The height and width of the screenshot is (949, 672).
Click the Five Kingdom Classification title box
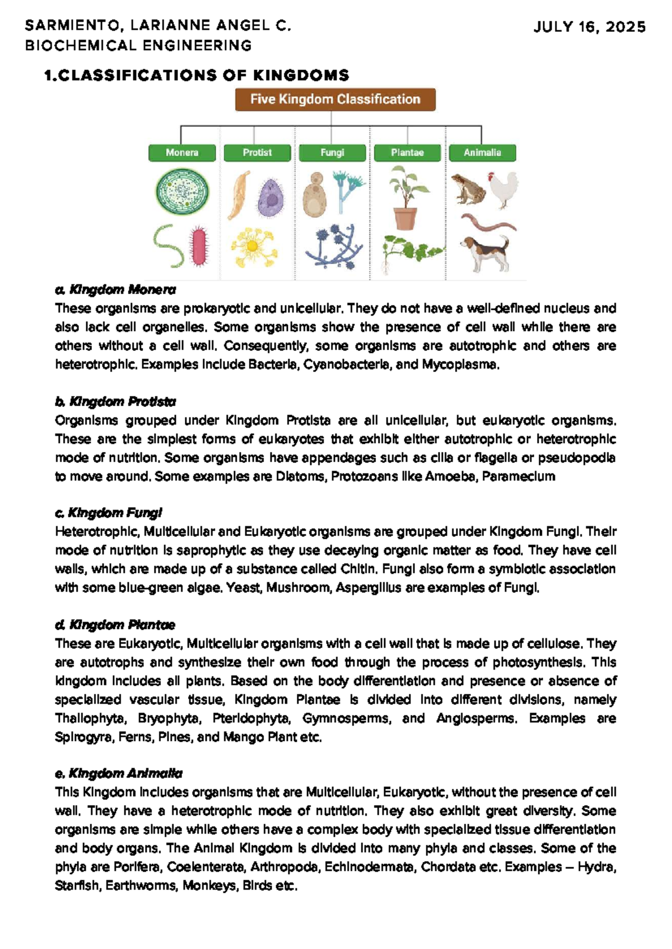(x=335, y=99)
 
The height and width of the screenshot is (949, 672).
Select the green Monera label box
(x=182, y=152)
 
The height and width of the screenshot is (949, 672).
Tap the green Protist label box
(x=257, y=152)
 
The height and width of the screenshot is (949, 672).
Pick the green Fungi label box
(x=332, y=152)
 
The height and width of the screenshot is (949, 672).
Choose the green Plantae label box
(x=407, y=152)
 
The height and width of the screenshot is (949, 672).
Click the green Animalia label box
(x=482, y=152)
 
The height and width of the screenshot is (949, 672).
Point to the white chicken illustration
(x=503, y=190)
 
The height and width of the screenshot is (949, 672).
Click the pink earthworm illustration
(x=486, y=222)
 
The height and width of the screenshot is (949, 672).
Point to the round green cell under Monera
(x=182, y=192)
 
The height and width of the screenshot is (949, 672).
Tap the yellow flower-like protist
(x=253, y=247)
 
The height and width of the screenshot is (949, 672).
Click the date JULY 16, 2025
(x=589, y=27)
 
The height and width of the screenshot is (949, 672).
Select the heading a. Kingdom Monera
(x=115, y=290)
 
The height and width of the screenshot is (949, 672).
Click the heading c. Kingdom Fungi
(x=109, y=513)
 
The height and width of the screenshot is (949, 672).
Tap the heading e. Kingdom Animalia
(x=119, y=773)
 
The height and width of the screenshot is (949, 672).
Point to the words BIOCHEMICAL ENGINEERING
(x=138, y=45)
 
